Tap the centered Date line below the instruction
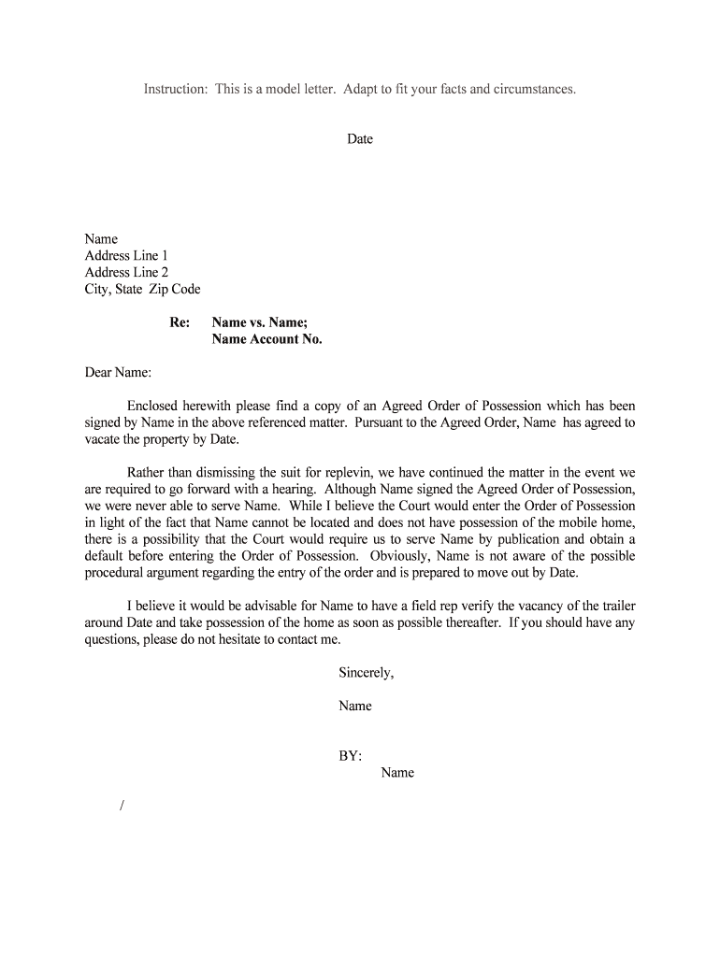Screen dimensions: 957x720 [360, 139]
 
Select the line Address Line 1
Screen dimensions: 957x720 [126, 256]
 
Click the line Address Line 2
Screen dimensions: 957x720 [126, 273]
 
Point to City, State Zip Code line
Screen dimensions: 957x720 [142, 290]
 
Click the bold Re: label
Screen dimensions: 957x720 [180, 323]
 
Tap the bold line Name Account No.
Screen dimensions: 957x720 [266, 339]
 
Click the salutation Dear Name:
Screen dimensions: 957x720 [119, 373]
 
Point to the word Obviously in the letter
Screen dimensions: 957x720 [397, 557]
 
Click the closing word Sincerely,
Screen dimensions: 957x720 [367, 673]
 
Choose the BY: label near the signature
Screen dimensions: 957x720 [351, 756]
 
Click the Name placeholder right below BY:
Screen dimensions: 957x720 [397, 773]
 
